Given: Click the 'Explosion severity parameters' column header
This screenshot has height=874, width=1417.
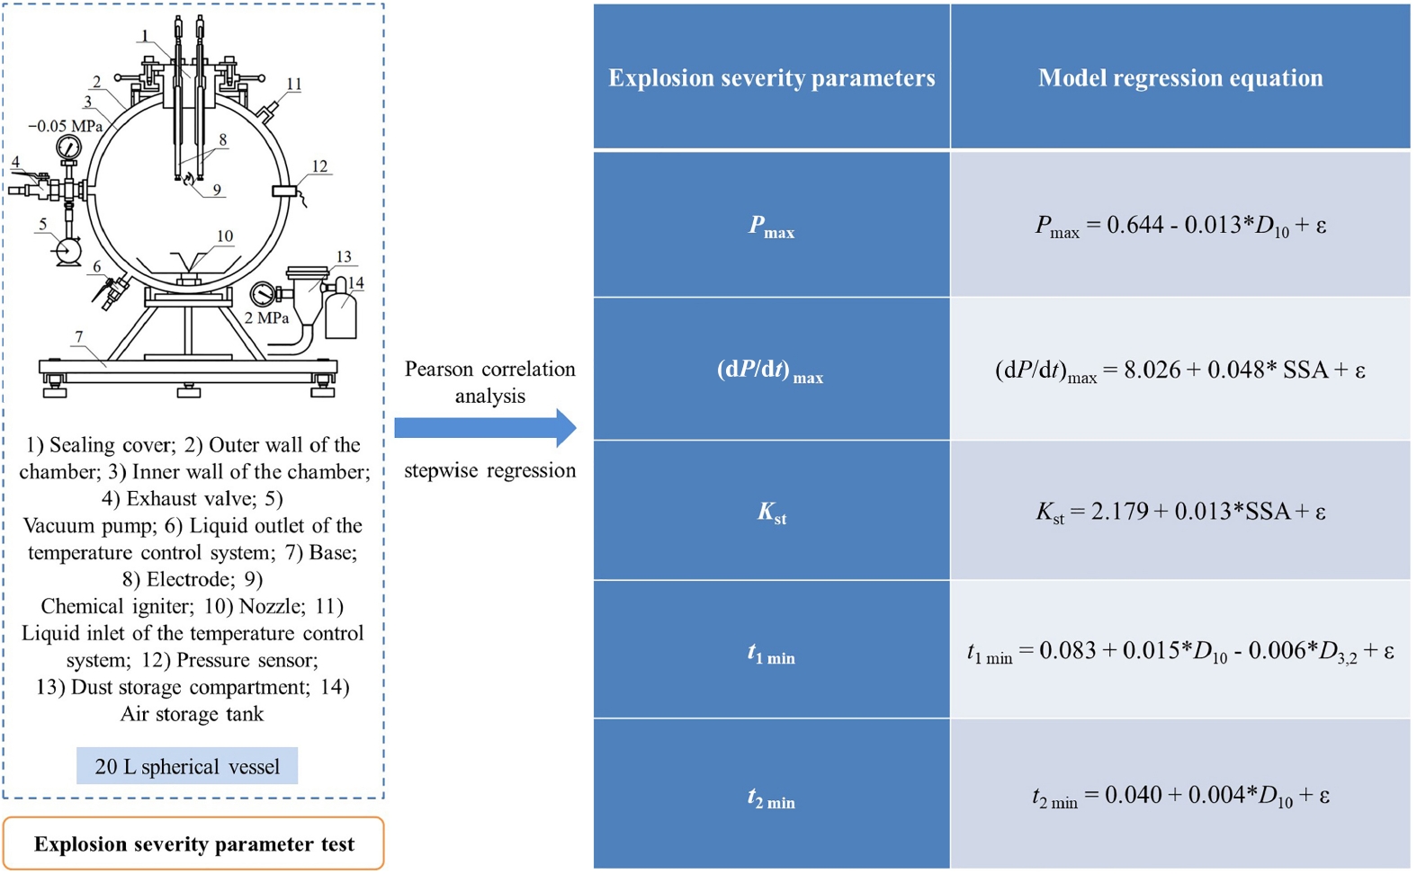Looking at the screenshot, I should pyautogui.click(x=771, y=78).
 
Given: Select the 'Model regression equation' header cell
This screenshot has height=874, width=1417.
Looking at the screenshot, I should pyautogui.click(x=1179, y=78).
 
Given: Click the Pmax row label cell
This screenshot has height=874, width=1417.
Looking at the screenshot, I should pyautogui.click(x=771, y=225).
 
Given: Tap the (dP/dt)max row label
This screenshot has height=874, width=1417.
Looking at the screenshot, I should pyautogui.click(x=771, y=370).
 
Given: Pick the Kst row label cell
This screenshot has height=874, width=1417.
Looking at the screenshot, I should pyautogui.click(x=771, y=512).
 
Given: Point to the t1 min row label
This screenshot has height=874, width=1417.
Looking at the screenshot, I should pyautogui.click(x=771, y=651).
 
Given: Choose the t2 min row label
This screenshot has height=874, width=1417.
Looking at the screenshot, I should pyautogui.click(x=771, y=796).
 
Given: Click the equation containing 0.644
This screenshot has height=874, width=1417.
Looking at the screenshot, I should pyautogui.click(x=1179, y=225).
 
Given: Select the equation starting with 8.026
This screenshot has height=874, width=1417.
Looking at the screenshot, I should pyautogui.click(x=1179, y=370).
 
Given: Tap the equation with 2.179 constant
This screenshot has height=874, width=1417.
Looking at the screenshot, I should pyautogui.click(x=1179, y=512).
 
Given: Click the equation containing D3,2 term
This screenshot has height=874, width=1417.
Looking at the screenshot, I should pyautogui.click(x=1179, y=651).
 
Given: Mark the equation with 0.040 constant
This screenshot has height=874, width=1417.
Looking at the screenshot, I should pyautogui.click(x=1179, y=796).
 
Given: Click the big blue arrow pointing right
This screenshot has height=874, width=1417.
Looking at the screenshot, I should pyautogui.click(x=485, y=428).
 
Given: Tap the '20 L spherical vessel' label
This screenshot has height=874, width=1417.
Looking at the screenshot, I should pyautogui.click(x=187, y=766).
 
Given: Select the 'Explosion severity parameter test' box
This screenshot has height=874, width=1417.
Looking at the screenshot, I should pyautogui.click(x=193, y=843).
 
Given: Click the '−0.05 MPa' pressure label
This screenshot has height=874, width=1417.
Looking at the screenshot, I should pyautogui.click(x=65, y=126).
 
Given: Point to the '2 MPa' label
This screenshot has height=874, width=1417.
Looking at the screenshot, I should pyautogui.click(x=266, y=317).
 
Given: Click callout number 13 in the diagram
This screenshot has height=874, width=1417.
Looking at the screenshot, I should pyautogui.click(x=344, y=257).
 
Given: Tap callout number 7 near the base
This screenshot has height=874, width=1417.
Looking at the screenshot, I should pyautogui.click(x=79, y=337).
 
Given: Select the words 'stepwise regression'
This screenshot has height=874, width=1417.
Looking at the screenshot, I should pyautogui.click(x=489, y=470).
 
